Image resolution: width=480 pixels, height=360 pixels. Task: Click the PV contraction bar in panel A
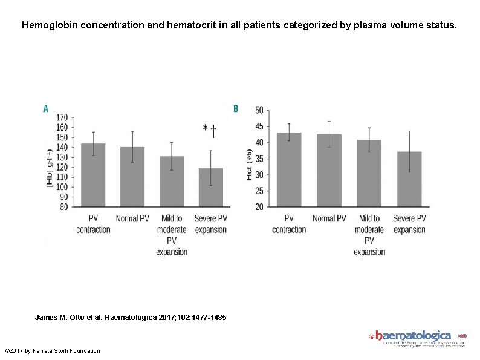coord(93,175)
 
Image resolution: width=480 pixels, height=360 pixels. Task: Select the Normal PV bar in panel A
coord(132,177)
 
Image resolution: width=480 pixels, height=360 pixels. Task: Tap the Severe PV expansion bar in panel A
coord(210,187)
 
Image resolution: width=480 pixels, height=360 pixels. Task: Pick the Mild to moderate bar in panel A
coord(172,181)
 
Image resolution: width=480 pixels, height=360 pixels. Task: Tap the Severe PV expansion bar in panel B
coord(409,178)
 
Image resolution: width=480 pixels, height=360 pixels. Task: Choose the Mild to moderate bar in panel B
coord(369,173)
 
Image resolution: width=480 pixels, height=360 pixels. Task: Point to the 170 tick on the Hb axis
coord(62,117)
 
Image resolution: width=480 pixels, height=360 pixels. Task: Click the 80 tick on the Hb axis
coord(63,206)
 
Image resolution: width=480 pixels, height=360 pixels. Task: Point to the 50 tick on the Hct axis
coord(259,110)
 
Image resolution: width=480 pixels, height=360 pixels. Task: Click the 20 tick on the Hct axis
coord(259,206)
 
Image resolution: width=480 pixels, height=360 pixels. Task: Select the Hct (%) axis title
coord(249,165)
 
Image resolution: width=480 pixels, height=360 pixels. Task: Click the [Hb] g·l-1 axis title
coord(50,168)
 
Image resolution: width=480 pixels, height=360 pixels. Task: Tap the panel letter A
coord(45,109)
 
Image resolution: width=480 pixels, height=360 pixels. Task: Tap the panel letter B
coord(236,109)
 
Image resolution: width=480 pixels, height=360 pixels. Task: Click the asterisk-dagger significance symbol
coord(210,129)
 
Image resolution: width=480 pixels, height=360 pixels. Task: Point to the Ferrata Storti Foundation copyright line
coord(52,351)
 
